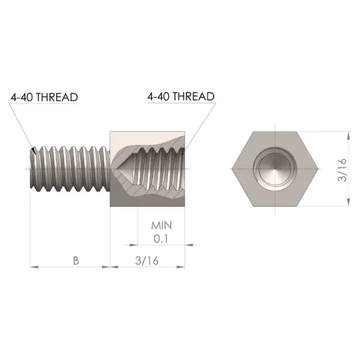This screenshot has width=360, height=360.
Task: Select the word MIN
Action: pyautogui.click(x=162, y=226)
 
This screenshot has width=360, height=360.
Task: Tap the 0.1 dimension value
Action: pyautogui.click(x=162, y=238)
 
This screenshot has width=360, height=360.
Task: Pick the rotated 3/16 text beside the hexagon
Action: pyautogui.click(x=342, y=170)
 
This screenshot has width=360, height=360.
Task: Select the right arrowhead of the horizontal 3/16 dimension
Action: pyautogui.click(x=186, y=267)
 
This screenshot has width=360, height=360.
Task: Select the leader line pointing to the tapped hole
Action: pyautogui.click(x=201, y=127)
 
